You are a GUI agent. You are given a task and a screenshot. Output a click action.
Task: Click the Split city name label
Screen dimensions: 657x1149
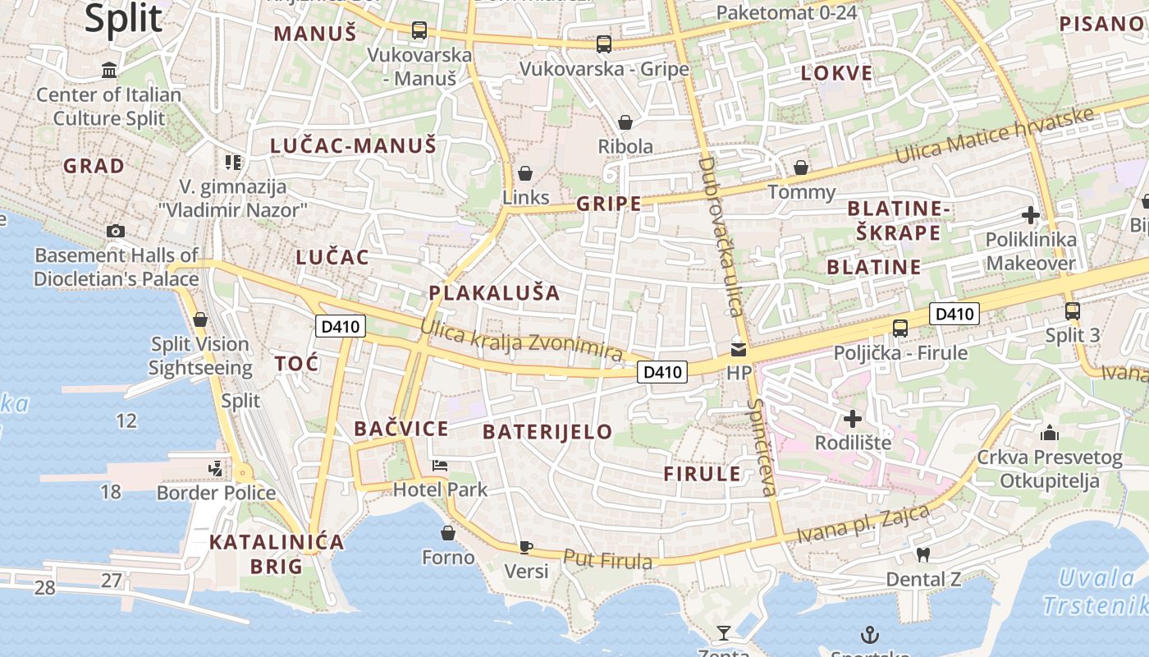click(124, 18)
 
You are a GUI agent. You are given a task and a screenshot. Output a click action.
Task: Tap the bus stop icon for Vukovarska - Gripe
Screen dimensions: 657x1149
click(604, 44)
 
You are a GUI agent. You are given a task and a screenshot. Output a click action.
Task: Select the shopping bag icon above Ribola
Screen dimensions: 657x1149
click(625, 122)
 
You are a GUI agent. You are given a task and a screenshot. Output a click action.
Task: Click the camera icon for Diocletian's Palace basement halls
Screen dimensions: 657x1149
click(116, 231)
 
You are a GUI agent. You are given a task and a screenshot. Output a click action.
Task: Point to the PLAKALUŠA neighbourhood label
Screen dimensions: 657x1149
click(494, 293)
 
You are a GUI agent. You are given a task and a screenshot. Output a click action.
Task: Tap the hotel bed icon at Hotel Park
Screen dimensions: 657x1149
click(441, 466)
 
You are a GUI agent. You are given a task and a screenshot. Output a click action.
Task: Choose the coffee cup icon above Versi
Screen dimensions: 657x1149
click(526, 547)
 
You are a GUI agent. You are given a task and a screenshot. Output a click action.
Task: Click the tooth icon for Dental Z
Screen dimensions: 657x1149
click(922, 554)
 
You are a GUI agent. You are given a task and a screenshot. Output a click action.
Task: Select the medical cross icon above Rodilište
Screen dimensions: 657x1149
click(853, 419)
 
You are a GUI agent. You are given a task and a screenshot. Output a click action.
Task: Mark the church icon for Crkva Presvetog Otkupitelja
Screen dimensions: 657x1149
click(1049, 433)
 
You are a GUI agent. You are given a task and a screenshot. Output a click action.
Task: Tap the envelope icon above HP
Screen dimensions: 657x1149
click(739, 349)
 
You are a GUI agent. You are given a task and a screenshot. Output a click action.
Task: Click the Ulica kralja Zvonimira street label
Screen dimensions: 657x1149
click(521, 338)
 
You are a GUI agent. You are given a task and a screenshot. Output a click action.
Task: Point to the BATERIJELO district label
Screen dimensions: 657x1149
click(547, 432)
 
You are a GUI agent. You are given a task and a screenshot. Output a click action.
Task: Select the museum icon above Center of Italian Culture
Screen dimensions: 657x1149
click(109, 71)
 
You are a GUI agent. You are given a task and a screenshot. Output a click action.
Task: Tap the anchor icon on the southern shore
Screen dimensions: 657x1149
click(869, 634)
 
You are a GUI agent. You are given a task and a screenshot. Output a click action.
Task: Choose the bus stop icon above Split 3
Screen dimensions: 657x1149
click(1072, 311)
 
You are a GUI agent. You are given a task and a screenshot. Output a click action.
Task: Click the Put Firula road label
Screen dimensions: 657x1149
click(608, 559)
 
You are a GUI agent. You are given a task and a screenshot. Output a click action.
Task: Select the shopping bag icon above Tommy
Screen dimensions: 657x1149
click(801, 168)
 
